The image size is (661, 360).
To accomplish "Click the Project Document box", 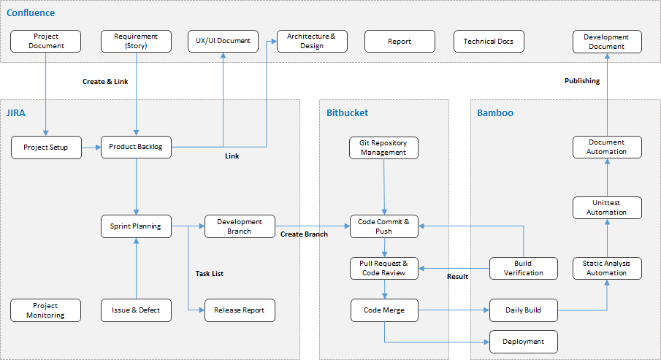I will point(46,41).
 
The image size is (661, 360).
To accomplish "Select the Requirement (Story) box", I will point(136,41).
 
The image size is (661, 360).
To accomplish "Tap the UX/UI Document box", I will point(223,41).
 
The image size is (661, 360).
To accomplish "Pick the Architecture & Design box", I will point(312,41).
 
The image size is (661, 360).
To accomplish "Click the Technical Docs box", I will point(489,41).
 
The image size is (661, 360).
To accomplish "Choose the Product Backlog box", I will point(136,147).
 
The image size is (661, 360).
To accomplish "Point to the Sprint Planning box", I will point(136,226).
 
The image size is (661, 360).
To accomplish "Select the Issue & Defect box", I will point(136,310).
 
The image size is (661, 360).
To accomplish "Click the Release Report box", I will point(240,310).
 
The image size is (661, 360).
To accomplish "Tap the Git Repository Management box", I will point(383,148).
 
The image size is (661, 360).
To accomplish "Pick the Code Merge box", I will point(384,310).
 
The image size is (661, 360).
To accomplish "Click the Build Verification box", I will point(523,268).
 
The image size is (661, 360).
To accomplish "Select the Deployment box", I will point(523,341).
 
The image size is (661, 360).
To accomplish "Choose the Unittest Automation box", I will point(606,207).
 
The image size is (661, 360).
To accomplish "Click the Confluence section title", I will point(31,13).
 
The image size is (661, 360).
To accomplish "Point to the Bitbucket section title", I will point(348,113).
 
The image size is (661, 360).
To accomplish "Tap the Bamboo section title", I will point(495,113).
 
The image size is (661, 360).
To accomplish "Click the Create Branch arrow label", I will point(304,234).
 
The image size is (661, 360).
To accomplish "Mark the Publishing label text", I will point(582,81).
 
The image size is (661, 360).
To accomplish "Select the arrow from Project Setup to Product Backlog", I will point(90,147).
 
